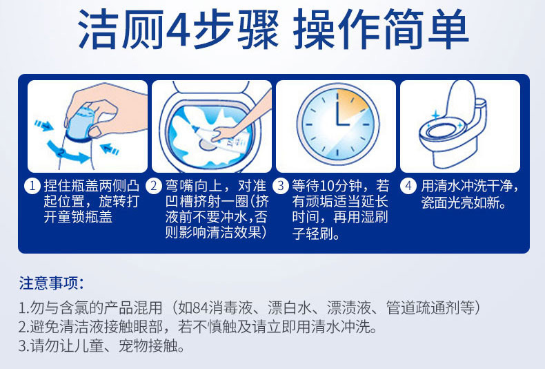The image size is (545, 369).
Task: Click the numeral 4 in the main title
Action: [179, 29]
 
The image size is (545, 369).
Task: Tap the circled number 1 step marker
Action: [32, 187]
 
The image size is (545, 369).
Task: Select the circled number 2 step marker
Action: [153, 187]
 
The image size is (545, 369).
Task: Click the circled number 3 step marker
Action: [281, 187]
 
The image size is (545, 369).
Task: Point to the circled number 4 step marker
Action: [408, 187]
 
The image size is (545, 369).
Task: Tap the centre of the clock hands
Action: [337, 124]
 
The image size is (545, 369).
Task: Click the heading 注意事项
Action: [52, 283]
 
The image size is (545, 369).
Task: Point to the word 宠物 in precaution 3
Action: [133, 346]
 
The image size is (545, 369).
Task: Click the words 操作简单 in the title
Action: [381, 29]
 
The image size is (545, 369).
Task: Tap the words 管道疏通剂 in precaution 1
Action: [422, 308]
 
